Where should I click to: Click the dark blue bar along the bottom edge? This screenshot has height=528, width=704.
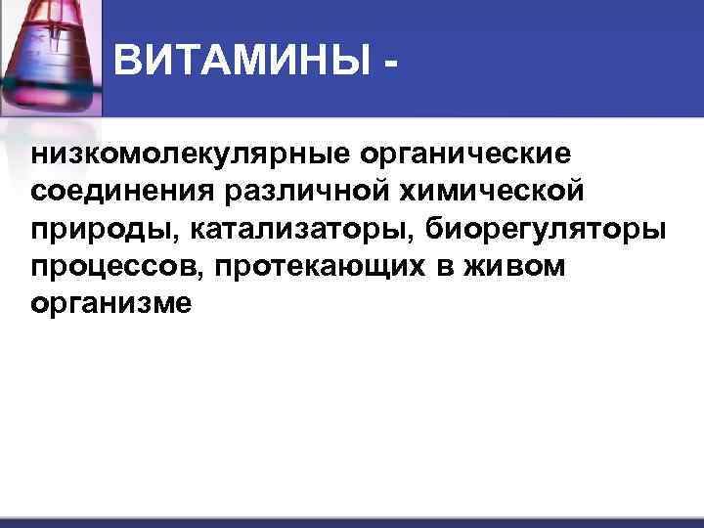tap(352, 523)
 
